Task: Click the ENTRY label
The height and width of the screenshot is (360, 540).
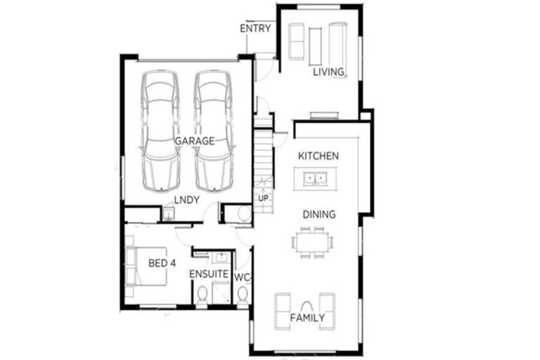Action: point(255,29)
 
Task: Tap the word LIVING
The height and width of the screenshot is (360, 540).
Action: point(328,72)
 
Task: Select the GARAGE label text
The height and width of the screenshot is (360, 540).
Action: point(194,141)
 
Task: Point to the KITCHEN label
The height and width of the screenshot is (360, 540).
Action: point(319,155)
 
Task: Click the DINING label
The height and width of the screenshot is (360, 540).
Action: point(319,214)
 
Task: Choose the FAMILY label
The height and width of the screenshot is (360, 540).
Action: point(307,318)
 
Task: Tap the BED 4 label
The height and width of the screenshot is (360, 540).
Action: point(162,264)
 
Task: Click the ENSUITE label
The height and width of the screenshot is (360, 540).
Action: point(209,274)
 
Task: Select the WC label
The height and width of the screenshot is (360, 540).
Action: point(242,277)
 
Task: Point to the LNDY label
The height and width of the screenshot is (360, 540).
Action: point(188,200)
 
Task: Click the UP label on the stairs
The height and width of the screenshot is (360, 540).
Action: point(264,198)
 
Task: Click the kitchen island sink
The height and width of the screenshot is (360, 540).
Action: point(315,179)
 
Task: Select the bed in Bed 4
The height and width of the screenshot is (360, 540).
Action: point(146,266)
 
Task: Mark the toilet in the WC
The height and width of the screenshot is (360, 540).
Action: point(243,296)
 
